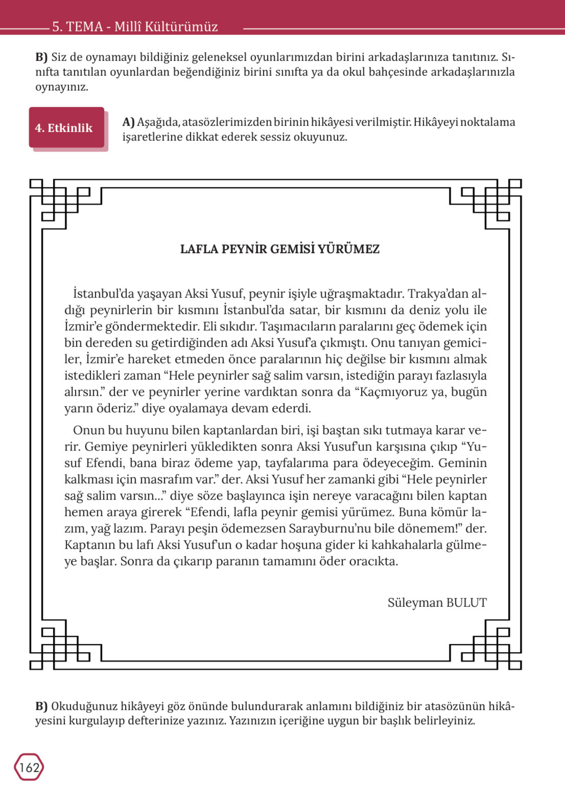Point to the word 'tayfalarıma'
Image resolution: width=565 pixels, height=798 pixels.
(x=301, y=463)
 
